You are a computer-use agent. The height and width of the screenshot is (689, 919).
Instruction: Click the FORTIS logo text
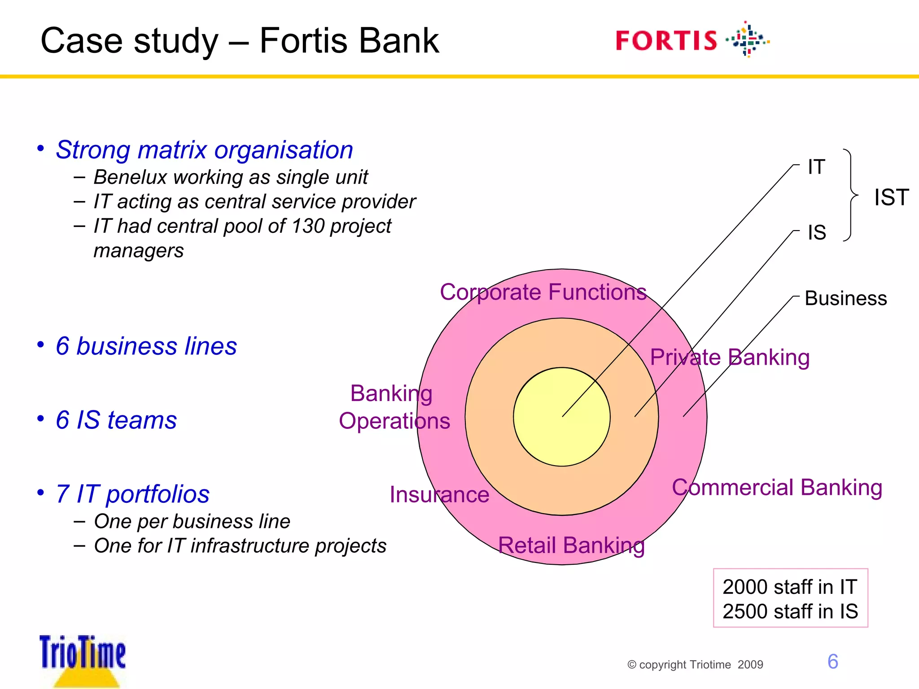click(x=666, y=41)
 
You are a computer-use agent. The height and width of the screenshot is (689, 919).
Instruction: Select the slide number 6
click(x=833, y=662)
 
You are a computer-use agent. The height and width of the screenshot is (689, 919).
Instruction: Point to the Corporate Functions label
click(x=543, y=292)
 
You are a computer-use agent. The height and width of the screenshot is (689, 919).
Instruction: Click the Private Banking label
click(x=730, y=358)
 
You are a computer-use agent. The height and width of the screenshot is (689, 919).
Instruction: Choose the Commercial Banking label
click(x=777, y=488)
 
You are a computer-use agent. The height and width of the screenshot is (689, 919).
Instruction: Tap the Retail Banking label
click(x=571, y=545)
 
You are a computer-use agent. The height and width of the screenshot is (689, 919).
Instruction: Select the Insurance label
click(x=439, y=495)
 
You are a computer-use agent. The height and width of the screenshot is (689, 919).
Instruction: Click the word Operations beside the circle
click(x=394, y=421)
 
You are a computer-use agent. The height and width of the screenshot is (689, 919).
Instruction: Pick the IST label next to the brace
click(x=891, y=197)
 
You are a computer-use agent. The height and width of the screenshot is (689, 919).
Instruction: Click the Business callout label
click(x=846, y=299)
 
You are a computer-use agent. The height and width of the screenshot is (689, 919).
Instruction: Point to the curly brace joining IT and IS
click(x=850, y=195)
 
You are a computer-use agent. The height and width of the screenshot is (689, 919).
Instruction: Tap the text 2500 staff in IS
click(x=790, y=611)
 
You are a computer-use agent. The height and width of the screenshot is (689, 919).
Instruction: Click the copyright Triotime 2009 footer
click(x=695, y=665)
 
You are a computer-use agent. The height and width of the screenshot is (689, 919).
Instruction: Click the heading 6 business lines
click(x=146, y=346)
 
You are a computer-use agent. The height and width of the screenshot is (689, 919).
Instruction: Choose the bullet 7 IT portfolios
click(x=132, y=494)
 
